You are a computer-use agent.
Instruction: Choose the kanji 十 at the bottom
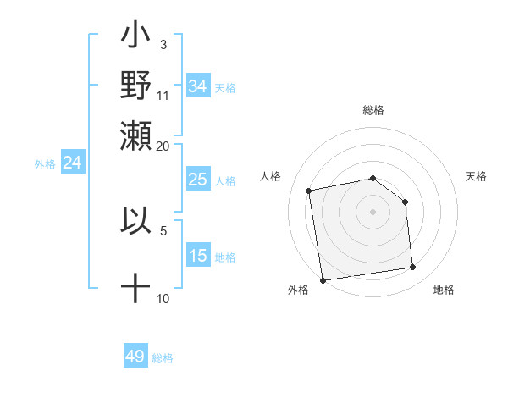[x=135, y=288]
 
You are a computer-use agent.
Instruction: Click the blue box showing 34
[x=197, y=86]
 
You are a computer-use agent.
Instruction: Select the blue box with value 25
[x=197, y=180]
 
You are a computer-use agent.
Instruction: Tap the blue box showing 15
[x=197, y=256]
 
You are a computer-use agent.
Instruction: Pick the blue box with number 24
[x=72, y=163]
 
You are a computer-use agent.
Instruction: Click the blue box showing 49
[x=135, y=357]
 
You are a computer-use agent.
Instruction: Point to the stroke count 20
[x=163, y=145]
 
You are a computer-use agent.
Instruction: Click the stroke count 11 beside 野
[x=163, y=95]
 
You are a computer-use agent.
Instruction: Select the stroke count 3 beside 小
[x=163, y=45]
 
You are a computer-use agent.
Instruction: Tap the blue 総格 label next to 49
[x=163, y=358]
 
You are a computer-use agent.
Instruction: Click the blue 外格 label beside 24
[x=44, y=164]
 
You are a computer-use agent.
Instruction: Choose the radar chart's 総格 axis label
[x=373, y=110]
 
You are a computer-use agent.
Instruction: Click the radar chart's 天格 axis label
[x=476, y=176]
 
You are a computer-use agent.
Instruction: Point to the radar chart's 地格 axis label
[x=444, y=290]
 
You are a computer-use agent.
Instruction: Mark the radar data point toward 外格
[x=323, y=279]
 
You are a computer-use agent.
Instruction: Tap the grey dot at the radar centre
[x=373, y=211]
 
